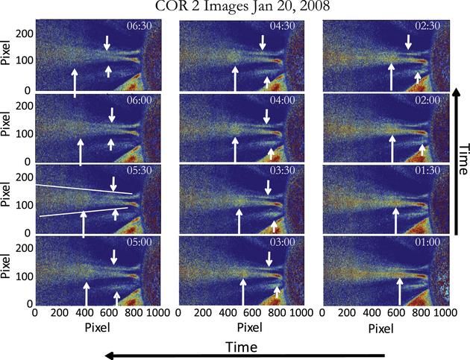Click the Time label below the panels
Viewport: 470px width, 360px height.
242,347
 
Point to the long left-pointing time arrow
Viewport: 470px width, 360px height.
246,356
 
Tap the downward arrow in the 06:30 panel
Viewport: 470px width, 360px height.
107,42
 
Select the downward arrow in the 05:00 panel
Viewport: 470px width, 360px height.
114,256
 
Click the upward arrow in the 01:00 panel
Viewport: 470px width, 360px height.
399,291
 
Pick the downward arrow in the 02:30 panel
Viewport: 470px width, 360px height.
407,42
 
